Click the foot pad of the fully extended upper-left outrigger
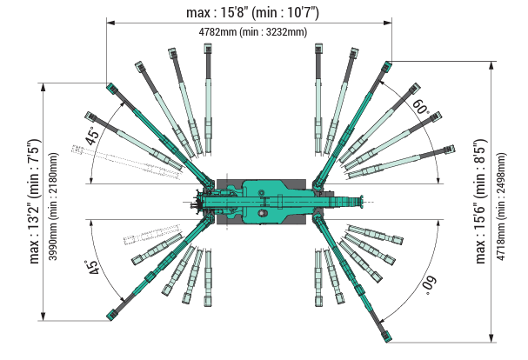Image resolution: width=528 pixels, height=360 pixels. point(111,87)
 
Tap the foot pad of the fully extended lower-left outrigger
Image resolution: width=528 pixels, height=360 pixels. point(112,313)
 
